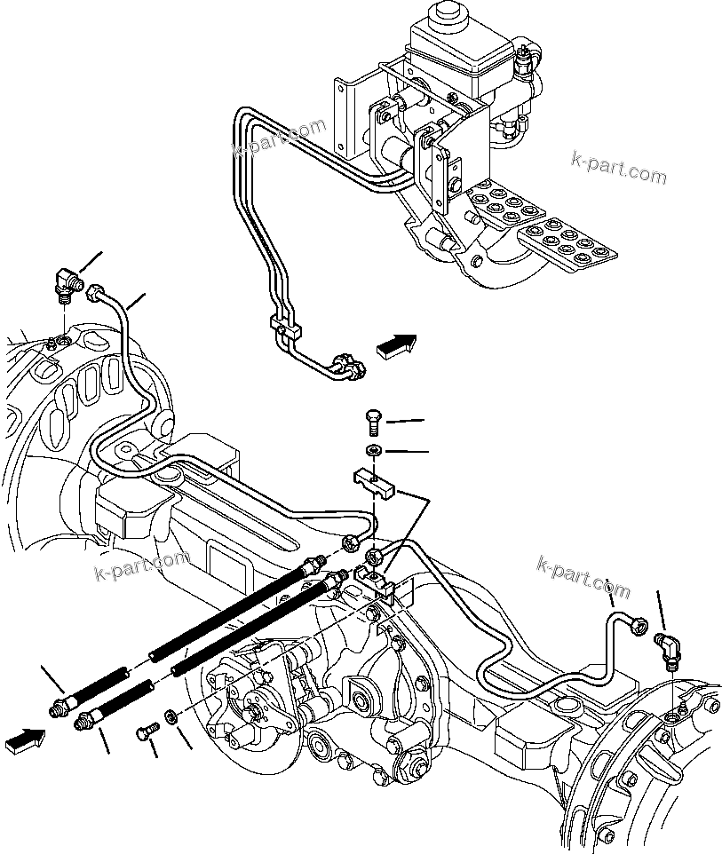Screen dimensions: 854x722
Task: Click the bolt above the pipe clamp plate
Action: tap(374, 420)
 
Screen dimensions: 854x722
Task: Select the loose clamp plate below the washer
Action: tap(375, 483)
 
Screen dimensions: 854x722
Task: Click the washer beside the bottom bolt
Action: tap(171, 715)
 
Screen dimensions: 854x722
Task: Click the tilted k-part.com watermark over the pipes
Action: tap(279, 138)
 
